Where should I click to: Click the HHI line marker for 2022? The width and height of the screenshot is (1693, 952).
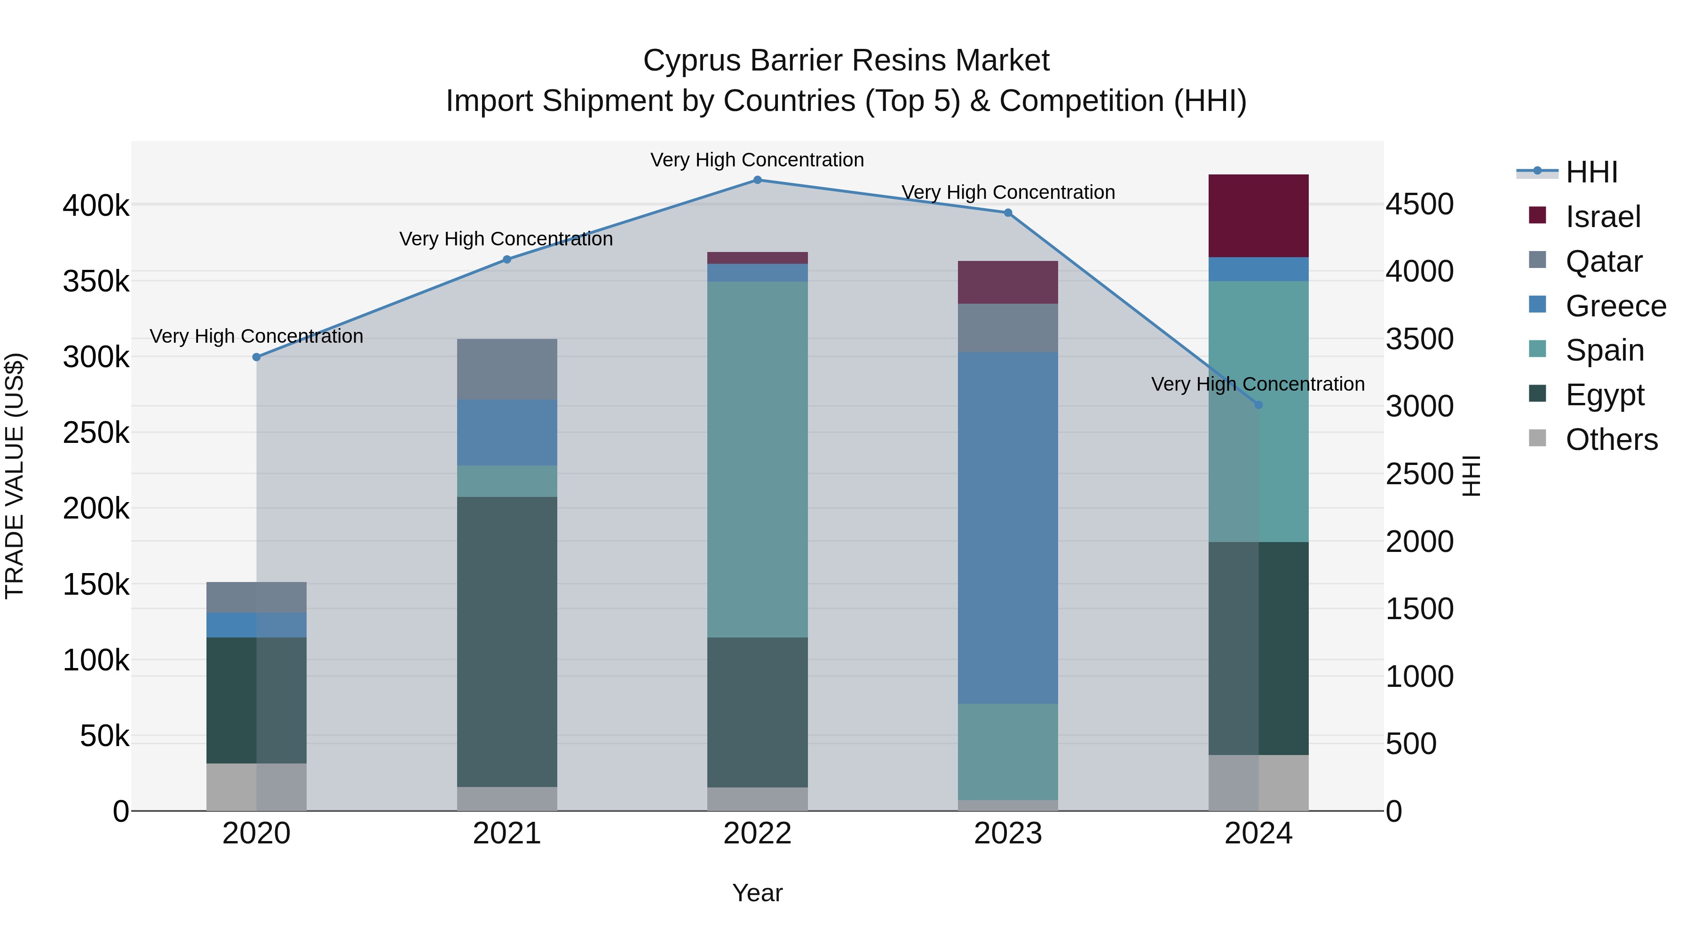[x=757, y=180]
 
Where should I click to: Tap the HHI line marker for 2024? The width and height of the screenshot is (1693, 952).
[x=1258, y=405]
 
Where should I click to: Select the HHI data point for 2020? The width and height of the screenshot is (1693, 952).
[x=256, y=357]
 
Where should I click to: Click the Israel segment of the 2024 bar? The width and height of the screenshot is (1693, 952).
[x=1258, y=215]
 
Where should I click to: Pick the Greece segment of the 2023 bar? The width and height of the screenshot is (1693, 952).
[x=1007, y=527]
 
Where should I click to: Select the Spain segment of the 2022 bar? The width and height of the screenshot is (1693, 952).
[x=757, y=459]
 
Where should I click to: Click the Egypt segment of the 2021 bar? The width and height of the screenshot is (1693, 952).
[x=506, y=641]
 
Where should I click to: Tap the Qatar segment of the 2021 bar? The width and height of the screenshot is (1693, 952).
[x=506, y=369]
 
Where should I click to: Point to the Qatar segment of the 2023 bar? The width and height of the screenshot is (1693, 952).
[x=1007, y=328]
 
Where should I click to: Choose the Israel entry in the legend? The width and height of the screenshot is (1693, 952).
[x=1603, y=217]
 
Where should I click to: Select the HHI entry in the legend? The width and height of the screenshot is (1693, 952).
[x=1591, y=172]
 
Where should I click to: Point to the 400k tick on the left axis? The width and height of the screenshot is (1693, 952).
[x=96, y=205]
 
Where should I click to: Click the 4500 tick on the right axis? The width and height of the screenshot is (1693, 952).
[x=1420, y=205]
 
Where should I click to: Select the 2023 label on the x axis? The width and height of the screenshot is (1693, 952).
[x=1007, y=833]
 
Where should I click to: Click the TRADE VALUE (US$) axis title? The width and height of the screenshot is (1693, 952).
[x=15, y=476]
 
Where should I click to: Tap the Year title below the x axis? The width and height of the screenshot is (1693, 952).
[x=757, y=893]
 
